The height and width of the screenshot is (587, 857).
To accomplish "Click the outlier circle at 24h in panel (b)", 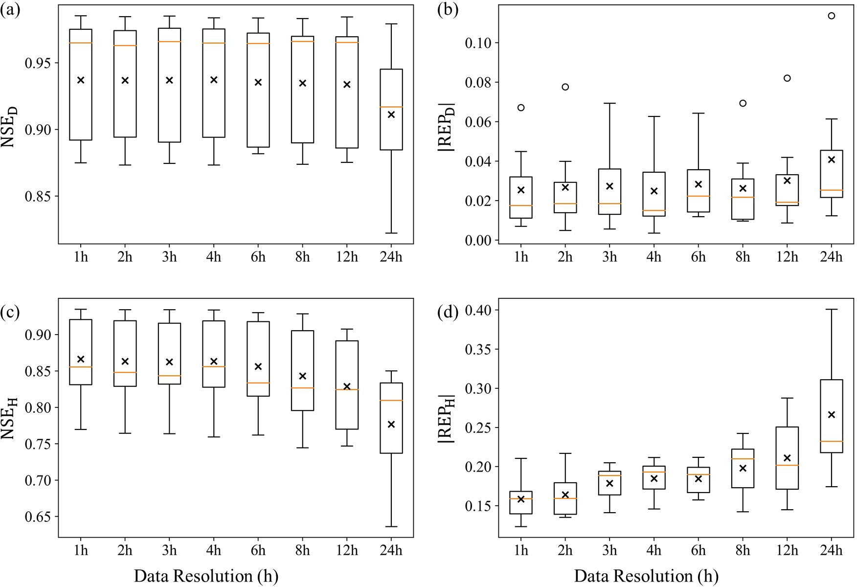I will click(x=831, y=16).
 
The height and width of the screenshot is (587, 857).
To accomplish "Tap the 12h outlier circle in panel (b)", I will click(x=787, y=78).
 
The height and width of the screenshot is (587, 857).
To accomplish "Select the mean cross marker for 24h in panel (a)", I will click(x=391, y=114).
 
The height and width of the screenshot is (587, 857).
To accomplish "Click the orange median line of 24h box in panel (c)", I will click(x=391, y=401).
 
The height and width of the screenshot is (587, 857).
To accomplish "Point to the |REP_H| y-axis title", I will click(x=447, y=419).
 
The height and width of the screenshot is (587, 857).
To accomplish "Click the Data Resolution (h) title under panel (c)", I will click(x=206, y=576).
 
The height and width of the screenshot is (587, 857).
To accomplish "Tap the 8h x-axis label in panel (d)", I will click(x=743, y=550).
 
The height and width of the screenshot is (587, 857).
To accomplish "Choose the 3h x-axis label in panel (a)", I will click(x=169, y=256).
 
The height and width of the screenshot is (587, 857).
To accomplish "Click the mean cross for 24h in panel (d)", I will click(x=831, y=415).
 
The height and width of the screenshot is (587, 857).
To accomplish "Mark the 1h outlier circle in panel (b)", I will click(x=521, y=108).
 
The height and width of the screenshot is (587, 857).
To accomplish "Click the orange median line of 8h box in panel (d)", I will click(x=743, y=459).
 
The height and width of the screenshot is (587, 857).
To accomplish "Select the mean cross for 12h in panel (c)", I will click(x=347, y=386).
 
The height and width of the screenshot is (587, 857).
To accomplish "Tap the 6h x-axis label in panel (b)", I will click(x=699, y=256).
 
